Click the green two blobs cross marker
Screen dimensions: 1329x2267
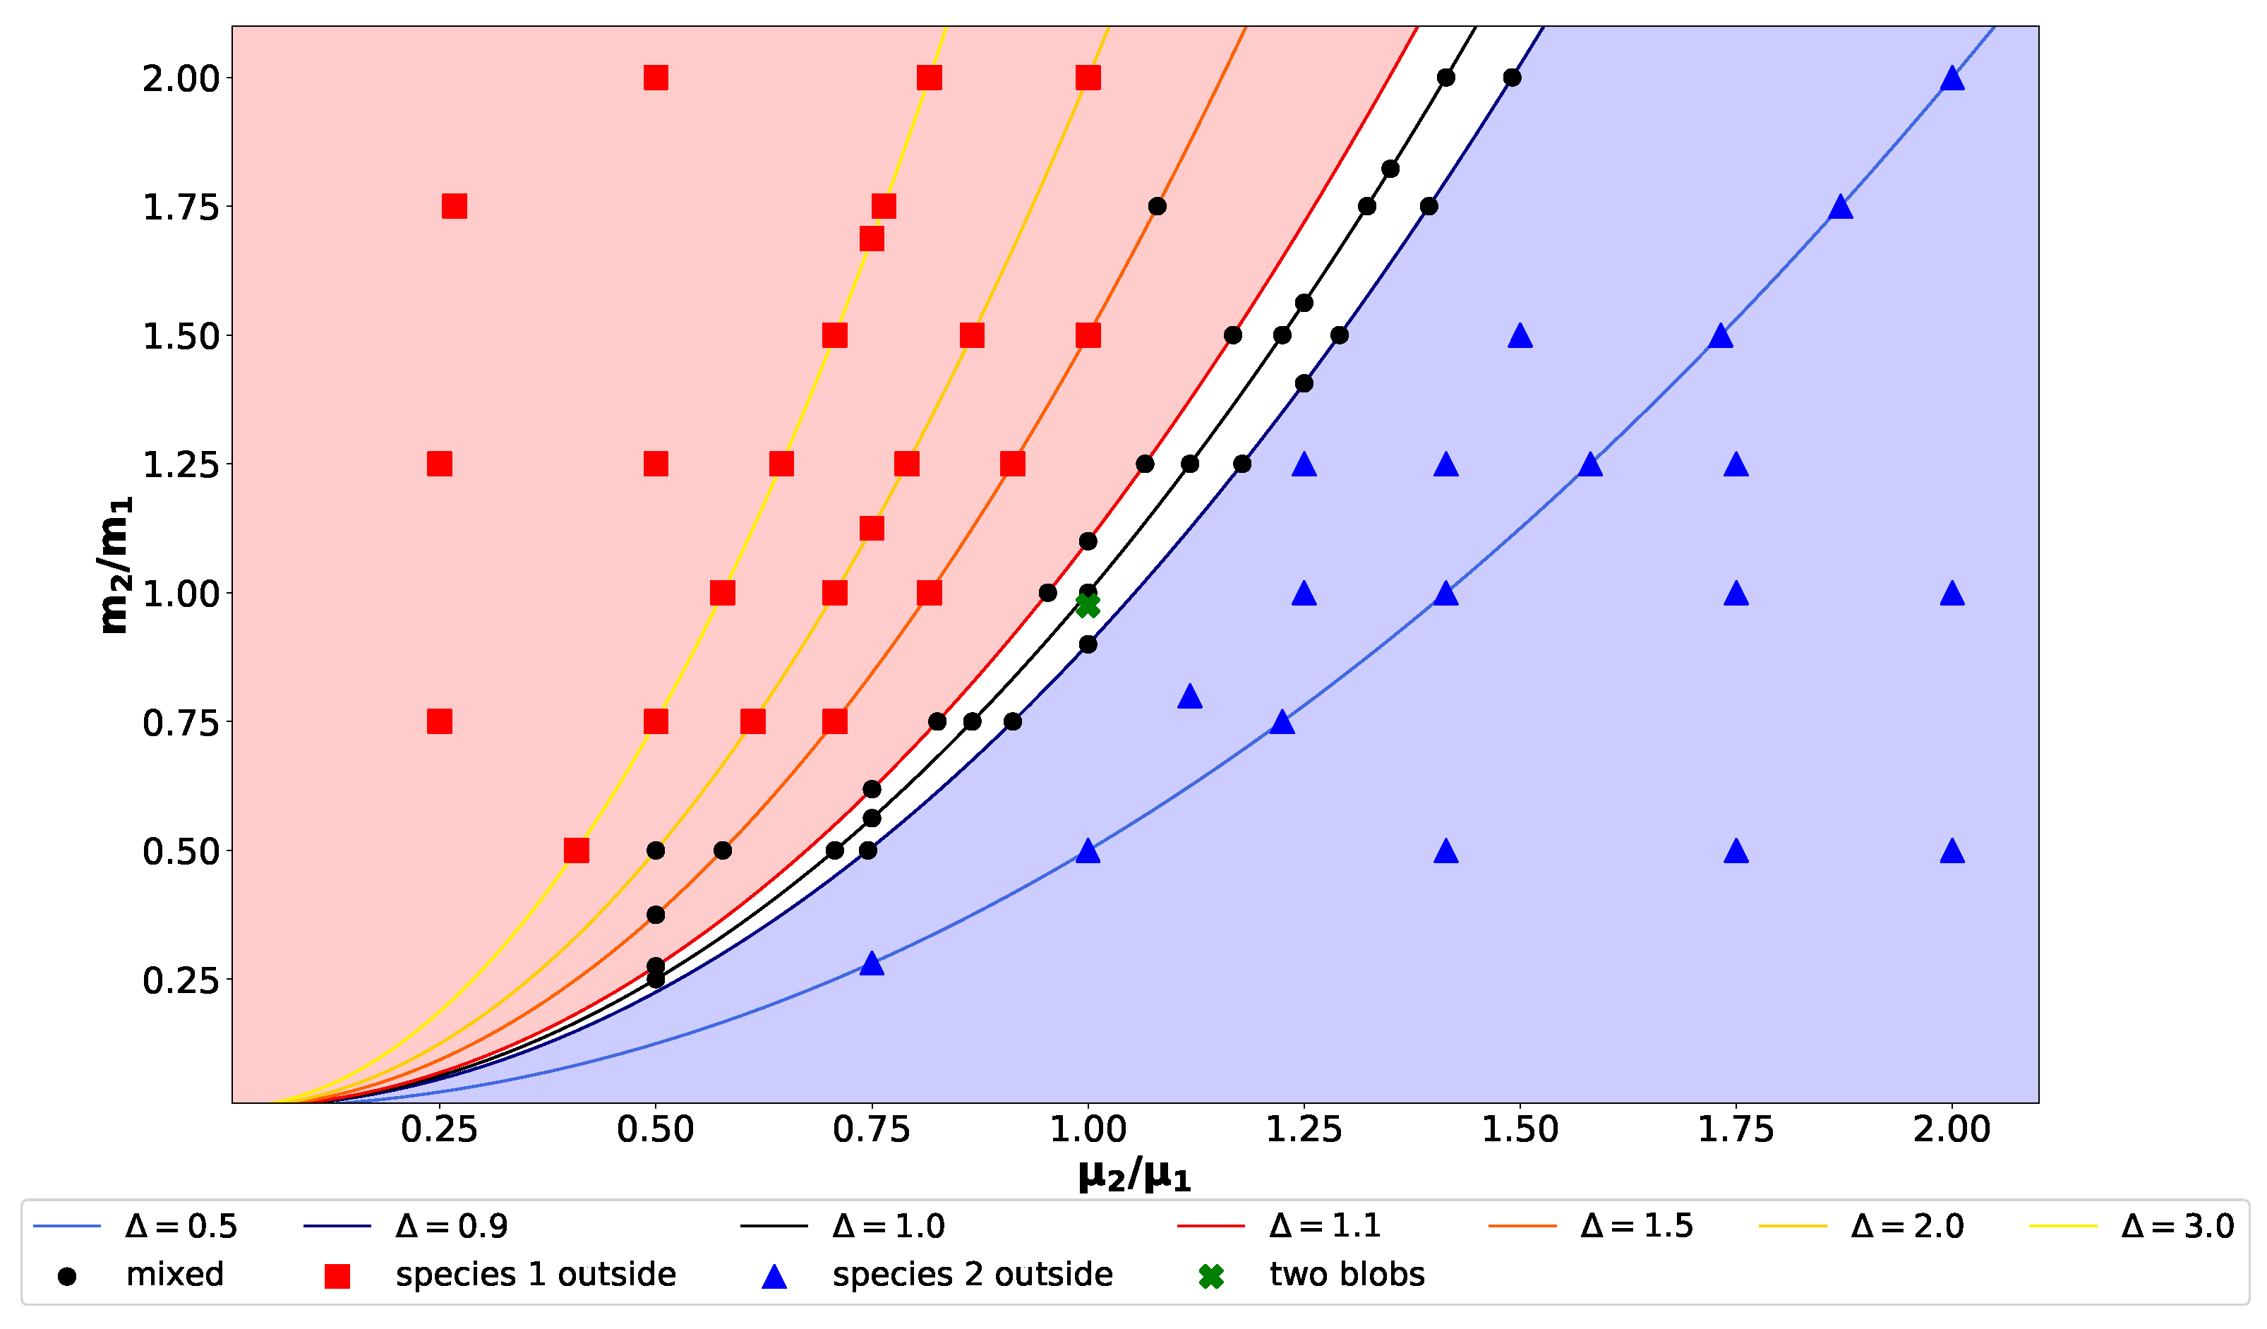click(x=1088, y=606)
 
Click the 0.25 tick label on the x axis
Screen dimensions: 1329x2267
click(x=439, y=1130)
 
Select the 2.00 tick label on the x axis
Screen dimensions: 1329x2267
click(x=1952, y=1130)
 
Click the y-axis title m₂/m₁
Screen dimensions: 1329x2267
click(x=115, y=565)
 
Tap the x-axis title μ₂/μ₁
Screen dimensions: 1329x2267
click(x=1133, y=1176)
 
